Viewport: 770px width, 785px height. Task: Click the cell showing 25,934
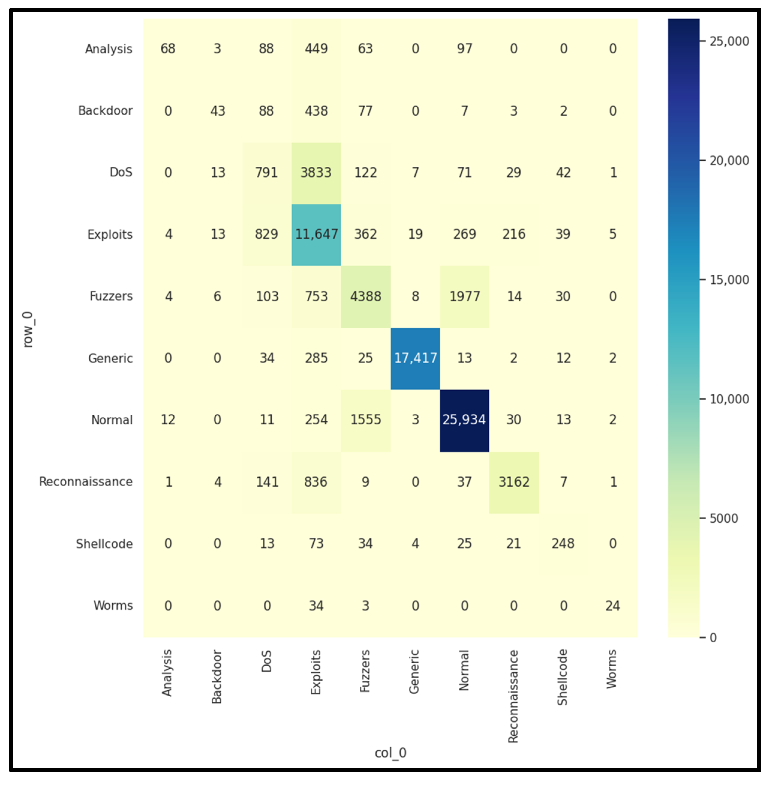tap(464, 420)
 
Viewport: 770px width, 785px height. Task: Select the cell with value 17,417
tap(415, 358)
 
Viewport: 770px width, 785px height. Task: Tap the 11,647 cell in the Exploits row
tap(316, 234)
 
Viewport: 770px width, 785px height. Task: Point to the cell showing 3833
tap(316, 173)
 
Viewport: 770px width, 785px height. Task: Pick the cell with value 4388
tap(366, 297)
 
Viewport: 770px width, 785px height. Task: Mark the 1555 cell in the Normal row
tap(366, 420)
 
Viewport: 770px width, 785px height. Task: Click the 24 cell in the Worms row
tap(613, 606)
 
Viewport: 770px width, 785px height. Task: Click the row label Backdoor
tap(105, 111)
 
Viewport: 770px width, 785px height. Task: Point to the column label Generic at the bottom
tap(414, 672)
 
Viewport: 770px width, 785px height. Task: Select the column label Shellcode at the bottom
tap(563, 677)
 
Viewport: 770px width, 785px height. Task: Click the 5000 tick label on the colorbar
tap(724, 518)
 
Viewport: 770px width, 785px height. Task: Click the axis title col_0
tap(390, 753)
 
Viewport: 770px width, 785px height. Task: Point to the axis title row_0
tap(28, 330)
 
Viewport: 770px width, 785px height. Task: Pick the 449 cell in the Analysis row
tap(316, 49)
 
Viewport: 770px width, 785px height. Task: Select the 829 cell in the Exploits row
tap(267, 234)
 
